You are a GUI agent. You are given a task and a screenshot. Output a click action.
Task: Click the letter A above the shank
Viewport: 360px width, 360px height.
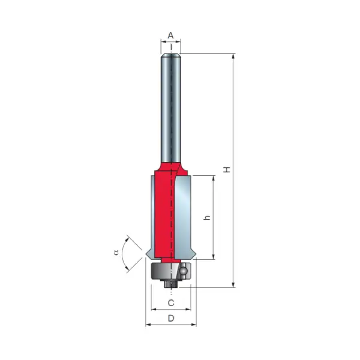point(170,35)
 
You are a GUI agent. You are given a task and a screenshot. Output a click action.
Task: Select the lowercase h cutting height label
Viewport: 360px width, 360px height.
point(207,218)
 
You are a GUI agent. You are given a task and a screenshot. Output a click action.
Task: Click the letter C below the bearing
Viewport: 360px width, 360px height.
point(170,302)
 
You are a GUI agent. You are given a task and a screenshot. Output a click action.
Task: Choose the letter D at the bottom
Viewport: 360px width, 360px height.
point(170,318)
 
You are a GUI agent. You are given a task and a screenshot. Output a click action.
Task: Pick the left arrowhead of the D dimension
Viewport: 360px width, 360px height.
point(148,325)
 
